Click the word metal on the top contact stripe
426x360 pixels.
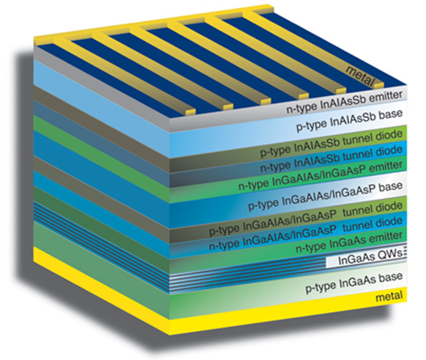pos(360,75)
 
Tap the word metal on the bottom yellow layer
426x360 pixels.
pos(389,296)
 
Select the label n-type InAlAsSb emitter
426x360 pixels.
pos(344,102)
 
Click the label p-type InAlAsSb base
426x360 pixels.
pos(349,120)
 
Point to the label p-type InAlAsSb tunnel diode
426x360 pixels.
pos(332,144)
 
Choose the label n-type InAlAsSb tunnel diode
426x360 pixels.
pos(332,159)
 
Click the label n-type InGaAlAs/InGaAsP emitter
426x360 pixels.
pos(321,175)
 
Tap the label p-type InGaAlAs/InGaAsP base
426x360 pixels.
pos(325,197)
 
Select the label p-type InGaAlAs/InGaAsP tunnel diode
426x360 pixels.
pos(306,219)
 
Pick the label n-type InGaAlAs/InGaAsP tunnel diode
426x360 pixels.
pos(306,233)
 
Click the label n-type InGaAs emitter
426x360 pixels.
pos(349,243)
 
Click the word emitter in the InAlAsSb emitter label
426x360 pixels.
pos(385,97)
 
